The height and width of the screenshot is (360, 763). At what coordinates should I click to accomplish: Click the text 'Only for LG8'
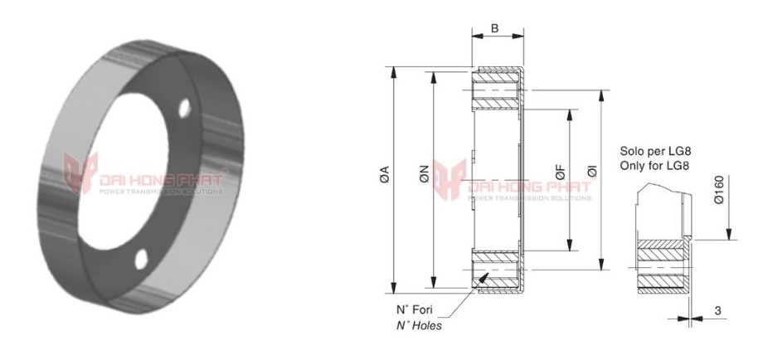pos(655,167)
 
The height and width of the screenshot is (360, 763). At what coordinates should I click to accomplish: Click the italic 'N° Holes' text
pos(418,325)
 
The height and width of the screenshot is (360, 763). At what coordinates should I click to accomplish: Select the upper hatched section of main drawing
pos(495,91)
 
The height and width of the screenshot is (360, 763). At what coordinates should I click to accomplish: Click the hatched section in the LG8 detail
pos(663,265)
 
